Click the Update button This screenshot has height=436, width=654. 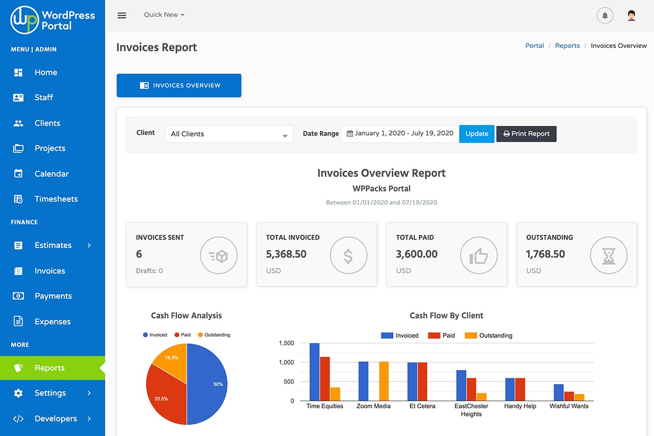click(x=477, y=134)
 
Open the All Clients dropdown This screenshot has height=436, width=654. click(x=229, y=134)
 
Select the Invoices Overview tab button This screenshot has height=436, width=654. click(x=179, y=86)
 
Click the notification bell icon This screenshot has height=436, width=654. click(x=605, y=15)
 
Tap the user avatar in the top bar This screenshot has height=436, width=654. click(x=631, y=15)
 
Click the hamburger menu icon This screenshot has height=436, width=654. click(x=122, y=15)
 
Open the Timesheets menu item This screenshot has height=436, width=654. click(x=56, y=199)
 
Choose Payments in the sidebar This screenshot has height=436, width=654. click(x=53, y=296)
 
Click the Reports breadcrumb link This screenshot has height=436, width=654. click(x=567, y=46)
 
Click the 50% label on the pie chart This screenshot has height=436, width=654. click(x=218, y=384)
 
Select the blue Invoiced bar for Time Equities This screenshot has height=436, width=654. click(x=314, y=372)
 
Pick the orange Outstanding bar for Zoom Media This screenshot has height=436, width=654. click(x=384, y=381)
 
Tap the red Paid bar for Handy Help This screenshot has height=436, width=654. click(x=520, y=389)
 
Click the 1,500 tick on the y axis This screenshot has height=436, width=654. click(x=286, y=343)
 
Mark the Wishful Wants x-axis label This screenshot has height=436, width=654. click(x=569, y=406)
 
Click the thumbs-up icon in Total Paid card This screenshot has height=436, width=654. click(x=479, y=255)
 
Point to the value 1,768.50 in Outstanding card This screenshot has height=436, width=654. click(x=545, y=254)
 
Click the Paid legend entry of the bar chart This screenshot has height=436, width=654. click(x=442, y=336)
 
